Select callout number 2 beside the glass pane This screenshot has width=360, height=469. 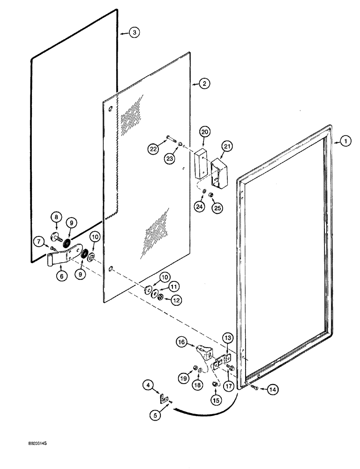pyautogui.click(x=204, y=83)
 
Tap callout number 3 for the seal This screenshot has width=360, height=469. pyautogui.click(x=134, y=32)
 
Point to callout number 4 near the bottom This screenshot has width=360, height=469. pyautogui.click(x=148, y=386)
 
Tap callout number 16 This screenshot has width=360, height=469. pyautogui.click(x=182, y=342)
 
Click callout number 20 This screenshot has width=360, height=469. pyautogui.click(x=205, y=132)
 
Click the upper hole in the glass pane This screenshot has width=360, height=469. pyautogui.click(x=110, y=109)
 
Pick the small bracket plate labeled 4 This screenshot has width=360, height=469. pyautogui.click(x=162, y=398)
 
